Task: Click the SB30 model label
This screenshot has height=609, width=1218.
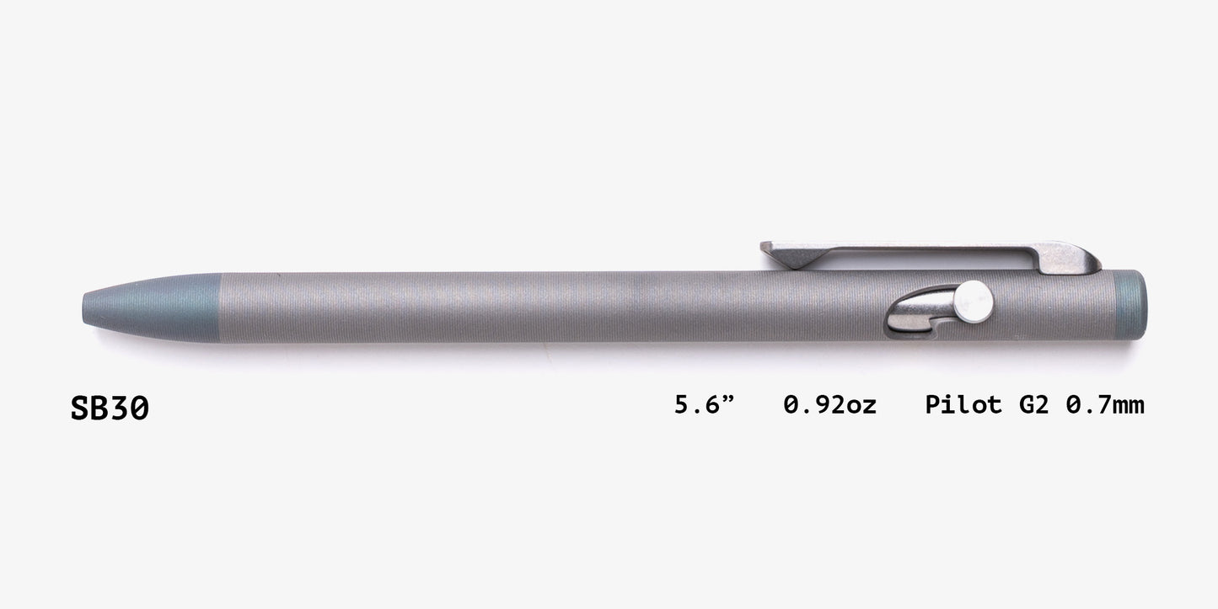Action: [x=110, y=409]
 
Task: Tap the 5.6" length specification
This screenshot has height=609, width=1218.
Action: [x=705, y=405]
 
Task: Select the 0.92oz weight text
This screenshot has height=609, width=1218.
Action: [x=829, y=405]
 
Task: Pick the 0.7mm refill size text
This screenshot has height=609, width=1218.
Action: [x=1105, y=405]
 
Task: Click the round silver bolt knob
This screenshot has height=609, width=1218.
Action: [x=975, y=296]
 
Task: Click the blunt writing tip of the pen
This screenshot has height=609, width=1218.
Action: [x=87, y=304]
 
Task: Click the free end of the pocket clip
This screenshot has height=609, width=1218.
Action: [x=767, y=248]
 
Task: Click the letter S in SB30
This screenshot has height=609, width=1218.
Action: [x=80, y=409]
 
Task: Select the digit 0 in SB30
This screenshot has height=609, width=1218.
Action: [x=139, y=409]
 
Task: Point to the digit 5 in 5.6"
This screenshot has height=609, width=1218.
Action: [x=682, y=405]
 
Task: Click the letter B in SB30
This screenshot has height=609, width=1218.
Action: [x=99, y=409]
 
